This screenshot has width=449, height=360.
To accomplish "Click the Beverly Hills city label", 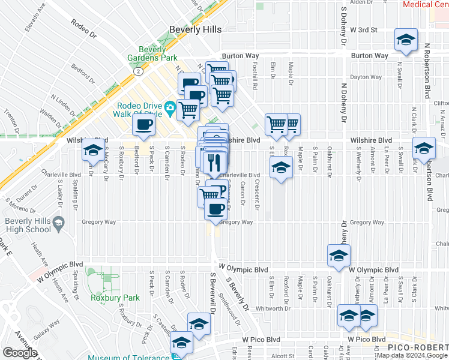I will tap(195, 29).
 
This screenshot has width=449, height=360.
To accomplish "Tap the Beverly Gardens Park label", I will tap(152, 53).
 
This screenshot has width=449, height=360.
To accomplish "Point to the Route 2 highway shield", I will tap(138, 71).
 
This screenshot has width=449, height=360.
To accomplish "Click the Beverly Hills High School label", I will tap(29, 225).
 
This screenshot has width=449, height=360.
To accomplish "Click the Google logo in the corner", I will tap(20, 352).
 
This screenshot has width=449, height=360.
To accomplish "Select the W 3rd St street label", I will tap(367, 29).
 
